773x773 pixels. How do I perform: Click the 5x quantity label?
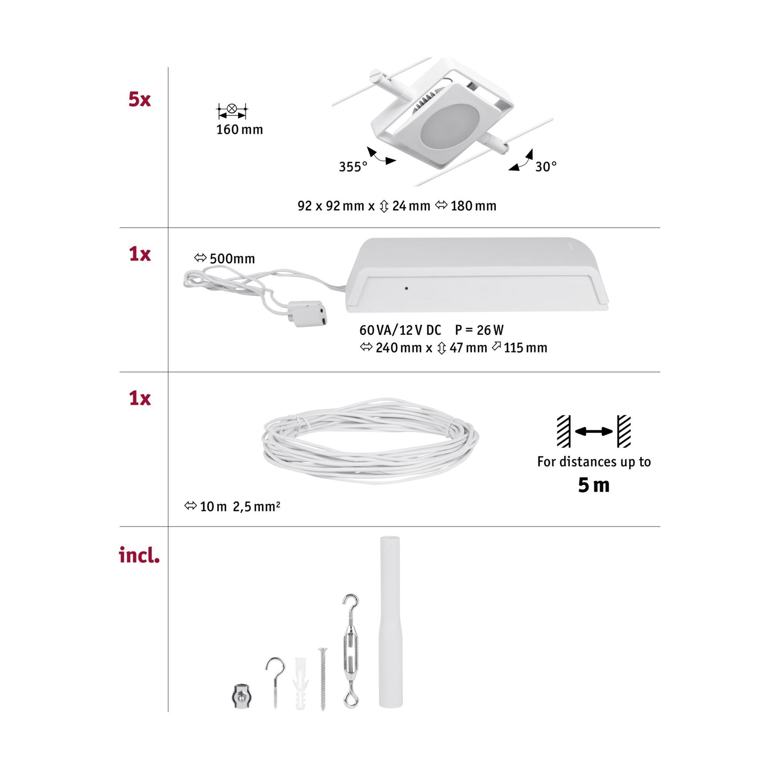pyautogui.click(x=140, y=100)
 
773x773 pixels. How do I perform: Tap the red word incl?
pyautogui.click(x=139, y=555)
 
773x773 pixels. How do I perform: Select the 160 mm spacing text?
pyautogui.click(x=239, y=129)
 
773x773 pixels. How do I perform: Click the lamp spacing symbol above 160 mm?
pyautogui.click(x=232, y=111)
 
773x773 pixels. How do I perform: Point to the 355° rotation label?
pyautogui.click(x=353, y=167)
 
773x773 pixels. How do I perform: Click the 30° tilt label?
pyautogui.click(x=546, y=167)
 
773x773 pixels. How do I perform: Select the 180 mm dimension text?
pyautogui.click(x=473, y=206)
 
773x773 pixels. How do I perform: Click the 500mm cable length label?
pyautogui.click(x=232, y=259)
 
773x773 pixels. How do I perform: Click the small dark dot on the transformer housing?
pyautogui.click(x=407, y=288)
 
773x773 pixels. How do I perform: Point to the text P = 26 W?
pyautogui.click(x=479, y=330)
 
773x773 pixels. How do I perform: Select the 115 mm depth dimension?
pyautogui.click(x=525, y=348)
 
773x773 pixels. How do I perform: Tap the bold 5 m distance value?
pyautogui.click(x=593, y=485)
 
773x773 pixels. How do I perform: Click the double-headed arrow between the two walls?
pyautogui.click(x=594, y=431)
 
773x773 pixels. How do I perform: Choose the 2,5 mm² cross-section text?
pyautogui.click(x=256, y=506)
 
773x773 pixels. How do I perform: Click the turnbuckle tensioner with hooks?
pyautogui.click(x=350, y=650)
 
